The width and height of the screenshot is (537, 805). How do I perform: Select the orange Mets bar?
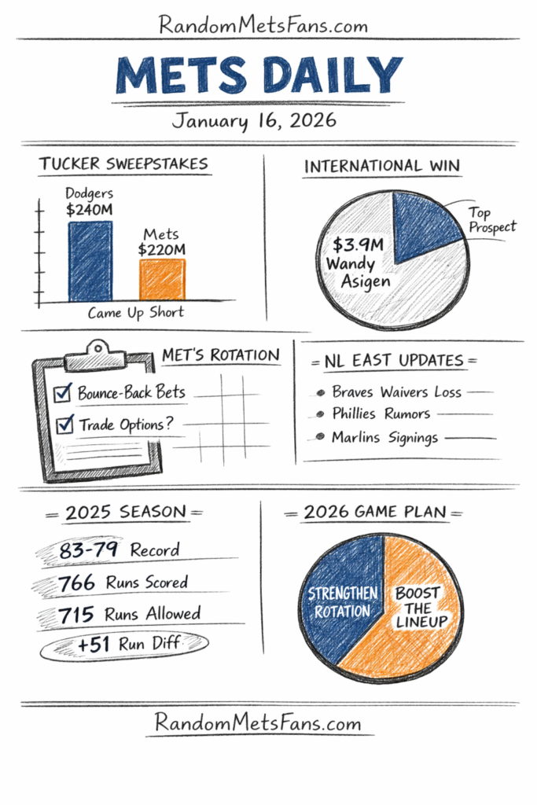[x=162, y=279]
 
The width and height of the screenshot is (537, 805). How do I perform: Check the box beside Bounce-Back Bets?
[x=63, y=393]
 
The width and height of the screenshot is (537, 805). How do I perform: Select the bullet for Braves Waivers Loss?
[x=320, y=392]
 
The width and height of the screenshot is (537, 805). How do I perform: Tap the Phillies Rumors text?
[x=381, y=414]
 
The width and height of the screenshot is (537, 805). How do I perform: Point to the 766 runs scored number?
[x=77, y=583]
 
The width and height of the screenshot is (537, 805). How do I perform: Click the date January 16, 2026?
[x=254, y=121]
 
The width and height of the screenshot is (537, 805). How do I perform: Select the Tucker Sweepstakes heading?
[x=123, y=164]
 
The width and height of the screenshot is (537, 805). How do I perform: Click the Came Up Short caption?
[x=136, y=312]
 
